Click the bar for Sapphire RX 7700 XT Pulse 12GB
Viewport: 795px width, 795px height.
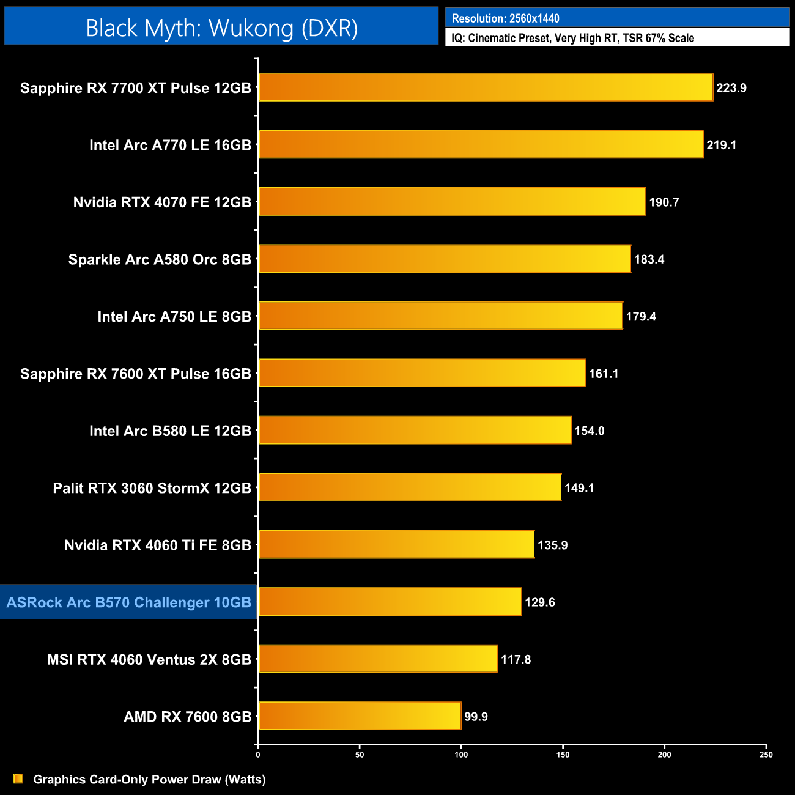486,87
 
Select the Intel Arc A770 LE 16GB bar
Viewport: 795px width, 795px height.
481,144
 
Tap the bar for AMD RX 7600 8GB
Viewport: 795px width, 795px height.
360,716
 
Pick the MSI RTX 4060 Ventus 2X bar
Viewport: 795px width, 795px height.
378,659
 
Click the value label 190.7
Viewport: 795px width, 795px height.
664,202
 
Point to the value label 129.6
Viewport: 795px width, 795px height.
539,602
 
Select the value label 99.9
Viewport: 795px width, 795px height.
476,717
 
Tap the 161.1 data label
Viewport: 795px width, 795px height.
603,374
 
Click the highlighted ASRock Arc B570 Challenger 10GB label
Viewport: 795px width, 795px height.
129,602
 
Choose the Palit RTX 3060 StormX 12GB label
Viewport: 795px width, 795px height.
152,488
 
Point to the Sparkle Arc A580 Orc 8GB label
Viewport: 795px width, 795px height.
160,259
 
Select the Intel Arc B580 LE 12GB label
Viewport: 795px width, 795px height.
170,431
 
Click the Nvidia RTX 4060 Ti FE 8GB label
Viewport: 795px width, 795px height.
158,545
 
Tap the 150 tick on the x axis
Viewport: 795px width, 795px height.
563,755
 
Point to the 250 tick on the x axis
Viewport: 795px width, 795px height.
766,755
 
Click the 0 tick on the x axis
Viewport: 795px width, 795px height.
258,755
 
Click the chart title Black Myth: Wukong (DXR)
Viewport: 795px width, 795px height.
221,28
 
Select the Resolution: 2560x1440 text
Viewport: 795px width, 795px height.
505,18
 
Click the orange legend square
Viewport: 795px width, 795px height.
18,778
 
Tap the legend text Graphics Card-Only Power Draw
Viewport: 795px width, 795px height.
149,780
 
